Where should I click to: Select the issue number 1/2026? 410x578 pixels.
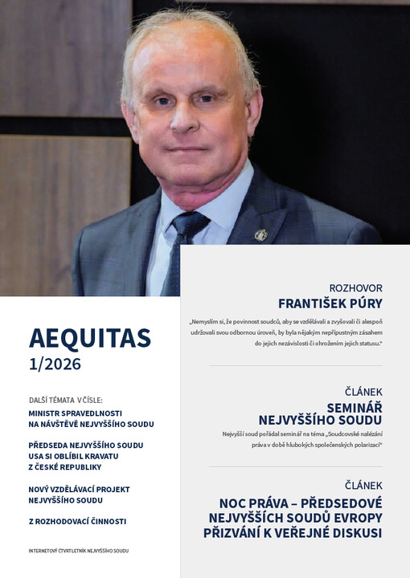pos(55,364)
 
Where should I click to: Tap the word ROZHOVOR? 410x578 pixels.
pos(355,287)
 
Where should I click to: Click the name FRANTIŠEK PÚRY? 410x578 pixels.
pos(330,303)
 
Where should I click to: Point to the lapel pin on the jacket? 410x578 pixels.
pos(260,234)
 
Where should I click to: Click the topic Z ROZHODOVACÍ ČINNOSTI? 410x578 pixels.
pos(76,521)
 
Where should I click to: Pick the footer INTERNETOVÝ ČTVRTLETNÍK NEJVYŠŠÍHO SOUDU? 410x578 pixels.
pos(78,551)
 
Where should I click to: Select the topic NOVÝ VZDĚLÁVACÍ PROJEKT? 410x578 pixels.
pos(79,489)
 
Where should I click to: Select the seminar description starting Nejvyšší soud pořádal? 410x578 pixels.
pos(302,438)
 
